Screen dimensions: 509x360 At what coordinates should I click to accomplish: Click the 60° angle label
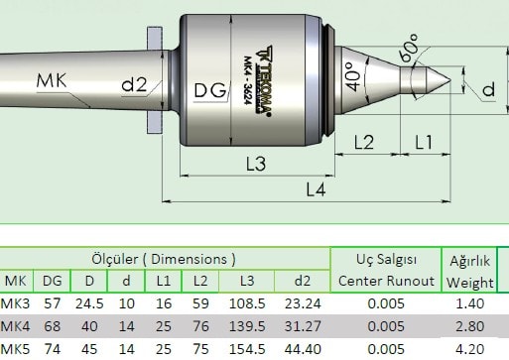(409, 48)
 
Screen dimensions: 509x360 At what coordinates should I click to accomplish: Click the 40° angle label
(353, 76)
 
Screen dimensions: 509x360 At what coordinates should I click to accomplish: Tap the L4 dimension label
(316, 189)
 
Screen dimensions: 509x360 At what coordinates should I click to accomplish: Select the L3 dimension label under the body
(256, 164)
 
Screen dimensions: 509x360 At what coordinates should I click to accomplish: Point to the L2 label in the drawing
(364, 142)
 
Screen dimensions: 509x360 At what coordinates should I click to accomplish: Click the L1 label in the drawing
(424, 142)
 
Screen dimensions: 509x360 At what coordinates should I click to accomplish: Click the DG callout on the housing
(210, 90)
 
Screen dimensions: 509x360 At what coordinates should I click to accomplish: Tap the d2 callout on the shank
(134, 84)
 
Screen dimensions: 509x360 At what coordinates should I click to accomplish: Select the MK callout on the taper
(52, 80)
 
